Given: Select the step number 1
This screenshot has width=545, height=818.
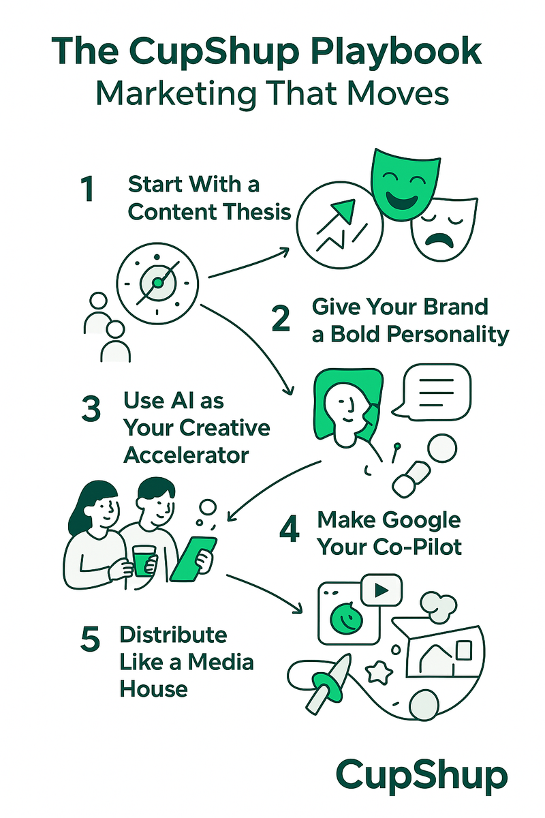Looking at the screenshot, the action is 86,190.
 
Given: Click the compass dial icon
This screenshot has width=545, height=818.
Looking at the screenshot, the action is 157,282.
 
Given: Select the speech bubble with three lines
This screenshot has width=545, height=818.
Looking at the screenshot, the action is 435,393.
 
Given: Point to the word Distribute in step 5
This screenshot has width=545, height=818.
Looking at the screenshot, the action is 173,635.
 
